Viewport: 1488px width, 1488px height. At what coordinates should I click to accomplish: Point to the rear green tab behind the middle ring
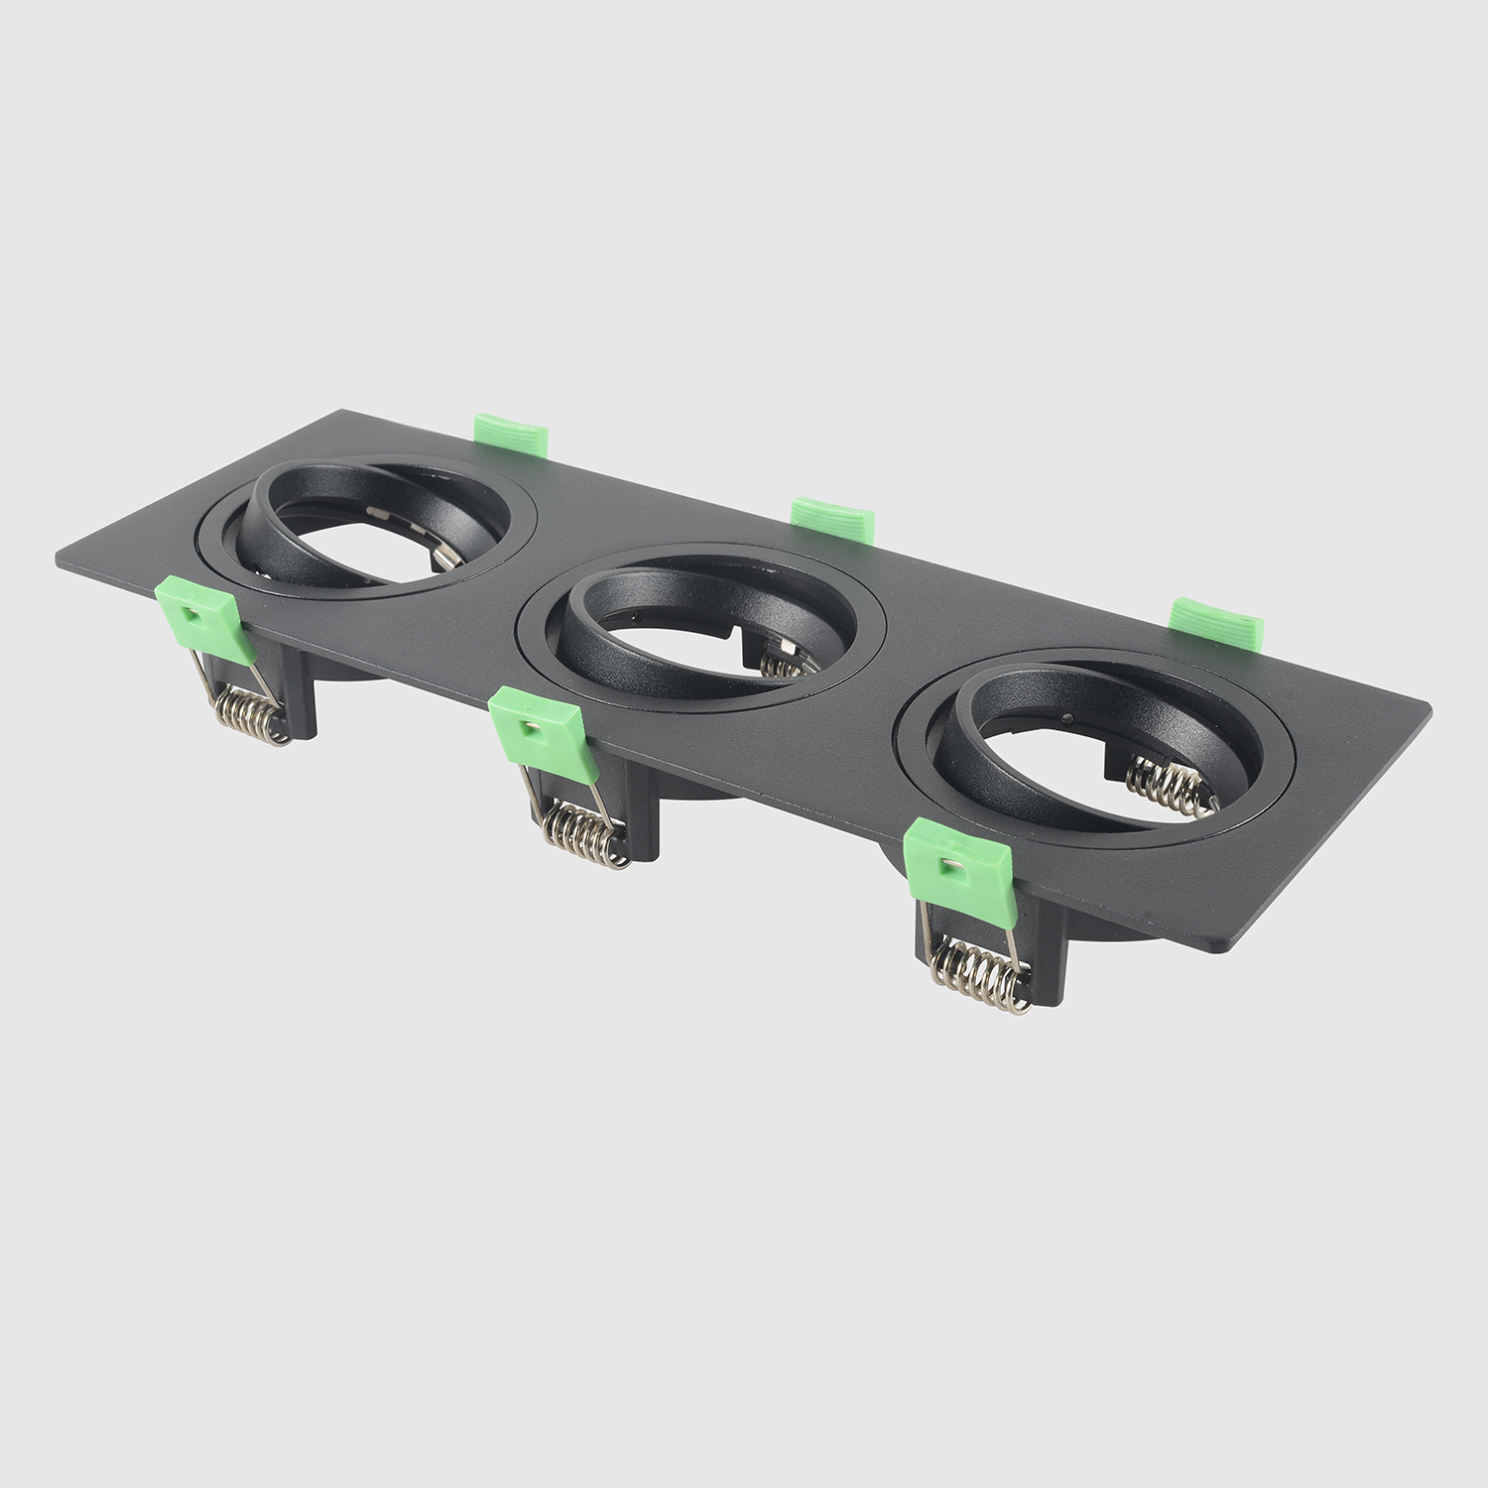[833, 519]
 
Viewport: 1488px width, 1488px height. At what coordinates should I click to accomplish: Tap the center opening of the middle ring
[694, 635]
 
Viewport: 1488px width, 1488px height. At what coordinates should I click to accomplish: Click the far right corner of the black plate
[1428, 707]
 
